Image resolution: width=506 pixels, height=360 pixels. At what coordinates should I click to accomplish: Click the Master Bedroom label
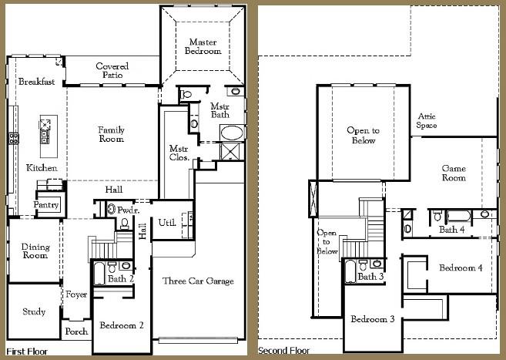pos(203,45)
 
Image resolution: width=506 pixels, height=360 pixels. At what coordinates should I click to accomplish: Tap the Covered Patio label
pos(112,71)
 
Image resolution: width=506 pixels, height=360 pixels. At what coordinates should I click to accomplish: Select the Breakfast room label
pos(37,82)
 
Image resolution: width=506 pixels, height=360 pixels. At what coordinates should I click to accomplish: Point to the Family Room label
pos(111,134)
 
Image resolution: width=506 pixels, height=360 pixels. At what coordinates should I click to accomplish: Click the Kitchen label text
pos(41,167)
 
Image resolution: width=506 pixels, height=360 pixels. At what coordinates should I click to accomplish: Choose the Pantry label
pos(46,205)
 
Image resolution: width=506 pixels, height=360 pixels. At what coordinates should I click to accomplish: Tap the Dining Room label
pos(35,251)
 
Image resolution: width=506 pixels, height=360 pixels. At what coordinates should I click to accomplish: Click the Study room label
pos(34,312)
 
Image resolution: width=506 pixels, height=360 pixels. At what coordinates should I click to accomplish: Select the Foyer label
pos(76,294)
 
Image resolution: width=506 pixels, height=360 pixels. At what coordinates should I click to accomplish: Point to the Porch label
pos(75,331)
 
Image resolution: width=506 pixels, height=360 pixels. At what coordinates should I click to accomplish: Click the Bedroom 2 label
pos(122,325)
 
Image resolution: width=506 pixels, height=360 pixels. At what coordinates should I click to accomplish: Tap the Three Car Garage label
pos(198,281)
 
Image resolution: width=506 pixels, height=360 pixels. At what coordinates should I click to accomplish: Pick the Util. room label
pos(166,223)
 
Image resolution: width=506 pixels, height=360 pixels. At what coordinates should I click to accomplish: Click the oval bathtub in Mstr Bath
pos(230,132)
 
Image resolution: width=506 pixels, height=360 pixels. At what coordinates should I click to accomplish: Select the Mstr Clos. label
pos(179,153)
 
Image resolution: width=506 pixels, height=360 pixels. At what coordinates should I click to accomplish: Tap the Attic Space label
pos(427,120)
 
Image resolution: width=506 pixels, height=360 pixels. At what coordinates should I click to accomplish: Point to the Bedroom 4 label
pos(461,267)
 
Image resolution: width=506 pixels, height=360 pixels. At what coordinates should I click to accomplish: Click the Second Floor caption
pos(284,351)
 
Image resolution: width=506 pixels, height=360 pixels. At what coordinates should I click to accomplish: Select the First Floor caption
pos(26,351)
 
